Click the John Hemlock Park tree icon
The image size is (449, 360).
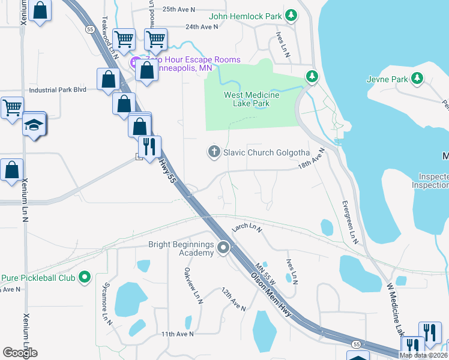(x=291, y=15)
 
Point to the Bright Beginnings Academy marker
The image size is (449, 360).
(x=224, y=247)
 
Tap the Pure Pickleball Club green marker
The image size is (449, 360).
(x=85, y=278)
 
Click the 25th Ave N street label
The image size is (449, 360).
(x=178, y=9)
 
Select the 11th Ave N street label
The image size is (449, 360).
(x=177, y=334)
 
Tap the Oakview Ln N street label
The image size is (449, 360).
(x=192, y=286)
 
